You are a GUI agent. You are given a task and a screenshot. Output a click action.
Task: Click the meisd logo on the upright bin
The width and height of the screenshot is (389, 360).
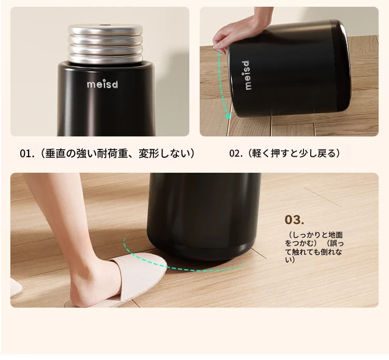[103, 85]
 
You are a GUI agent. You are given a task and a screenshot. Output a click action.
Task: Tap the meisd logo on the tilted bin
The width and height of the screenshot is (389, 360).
[247, 75]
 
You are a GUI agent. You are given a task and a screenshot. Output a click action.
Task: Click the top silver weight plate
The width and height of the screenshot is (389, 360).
[105, 29]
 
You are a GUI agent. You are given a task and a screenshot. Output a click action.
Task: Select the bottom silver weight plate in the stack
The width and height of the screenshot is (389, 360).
[105, 59]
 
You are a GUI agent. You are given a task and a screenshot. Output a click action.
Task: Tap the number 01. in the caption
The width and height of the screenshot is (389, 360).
[26, 154]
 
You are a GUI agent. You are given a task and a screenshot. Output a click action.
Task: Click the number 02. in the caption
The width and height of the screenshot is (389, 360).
[236, 154]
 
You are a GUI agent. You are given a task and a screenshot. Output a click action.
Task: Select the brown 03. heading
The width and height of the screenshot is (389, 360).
[294, 219]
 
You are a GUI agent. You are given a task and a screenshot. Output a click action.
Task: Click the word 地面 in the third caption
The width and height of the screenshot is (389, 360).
[336, 234]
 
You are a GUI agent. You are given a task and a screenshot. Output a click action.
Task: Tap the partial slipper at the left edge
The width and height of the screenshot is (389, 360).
[16, 287]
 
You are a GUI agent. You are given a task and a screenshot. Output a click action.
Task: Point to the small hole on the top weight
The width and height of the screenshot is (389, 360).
[103, 25]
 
